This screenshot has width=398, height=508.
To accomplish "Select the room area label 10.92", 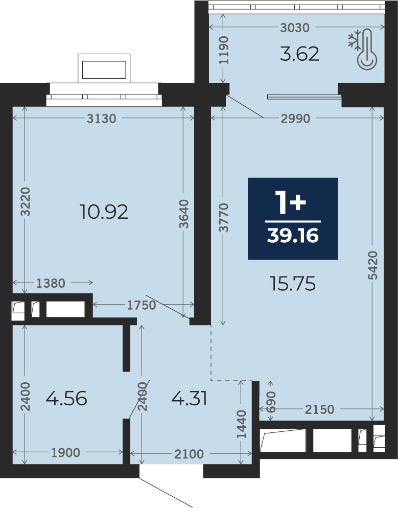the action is coord(104,212).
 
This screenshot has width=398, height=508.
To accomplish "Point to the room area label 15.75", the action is coord(293,284).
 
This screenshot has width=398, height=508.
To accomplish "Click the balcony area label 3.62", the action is coord(299,54).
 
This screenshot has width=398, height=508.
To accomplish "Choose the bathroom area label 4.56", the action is coord(66,399).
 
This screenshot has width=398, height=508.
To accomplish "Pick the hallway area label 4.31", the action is coord(189,399).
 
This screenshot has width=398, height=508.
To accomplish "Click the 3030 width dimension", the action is coord(295,28).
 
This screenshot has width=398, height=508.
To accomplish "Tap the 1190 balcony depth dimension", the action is coord(223,50).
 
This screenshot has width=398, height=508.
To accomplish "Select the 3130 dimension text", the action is coord(101,119).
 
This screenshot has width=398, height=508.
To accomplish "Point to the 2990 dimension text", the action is coord(295,119).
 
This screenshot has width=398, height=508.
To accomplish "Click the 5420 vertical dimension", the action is coord(373,265).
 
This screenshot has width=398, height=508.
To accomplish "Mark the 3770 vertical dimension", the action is coord(223,218).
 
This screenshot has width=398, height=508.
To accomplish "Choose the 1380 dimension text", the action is coord(51,283).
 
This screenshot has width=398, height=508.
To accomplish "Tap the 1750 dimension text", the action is coord(142,305).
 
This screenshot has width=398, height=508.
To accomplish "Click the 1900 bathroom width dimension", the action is coord(66,453).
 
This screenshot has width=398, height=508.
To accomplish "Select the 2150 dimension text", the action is coord(319,409).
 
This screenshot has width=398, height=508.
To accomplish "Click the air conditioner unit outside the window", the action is coord(104,68).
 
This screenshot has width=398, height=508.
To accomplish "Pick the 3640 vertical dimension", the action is coord(183,214).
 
